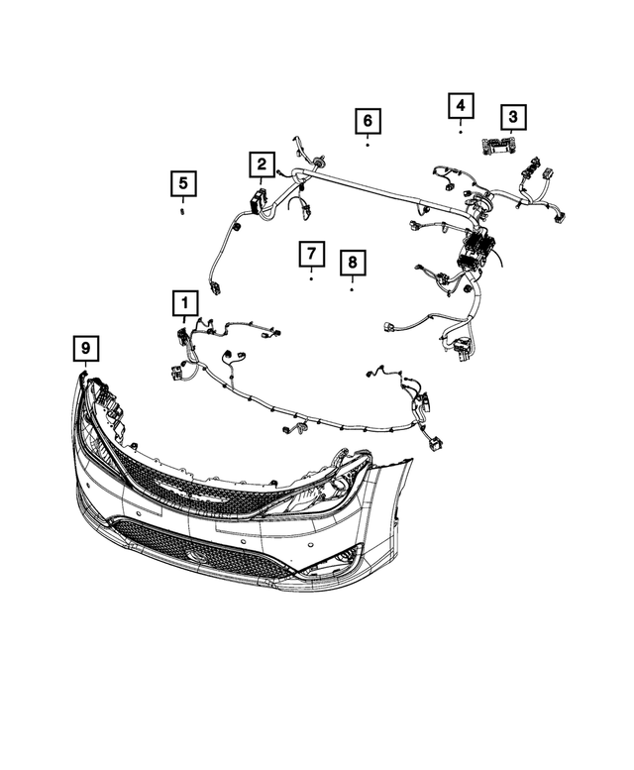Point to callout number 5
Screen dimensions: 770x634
coord(182,183)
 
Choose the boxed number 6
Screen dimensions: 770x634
coord(367,121)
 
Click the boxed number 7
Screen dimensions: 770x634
coord(310,254)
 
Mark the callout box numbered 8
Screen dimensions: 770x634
coord(352,264)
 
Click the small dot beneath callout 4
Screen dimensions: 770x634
coord(462,131)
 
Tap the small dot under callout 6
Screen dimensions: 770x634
coord(368,145)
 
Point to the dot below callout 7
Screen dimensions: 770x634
coord(311,279)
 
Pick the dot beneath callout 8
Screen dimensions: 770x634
coord(352,290)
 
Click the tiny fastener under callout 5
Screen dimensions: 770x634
coord(182,209)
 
